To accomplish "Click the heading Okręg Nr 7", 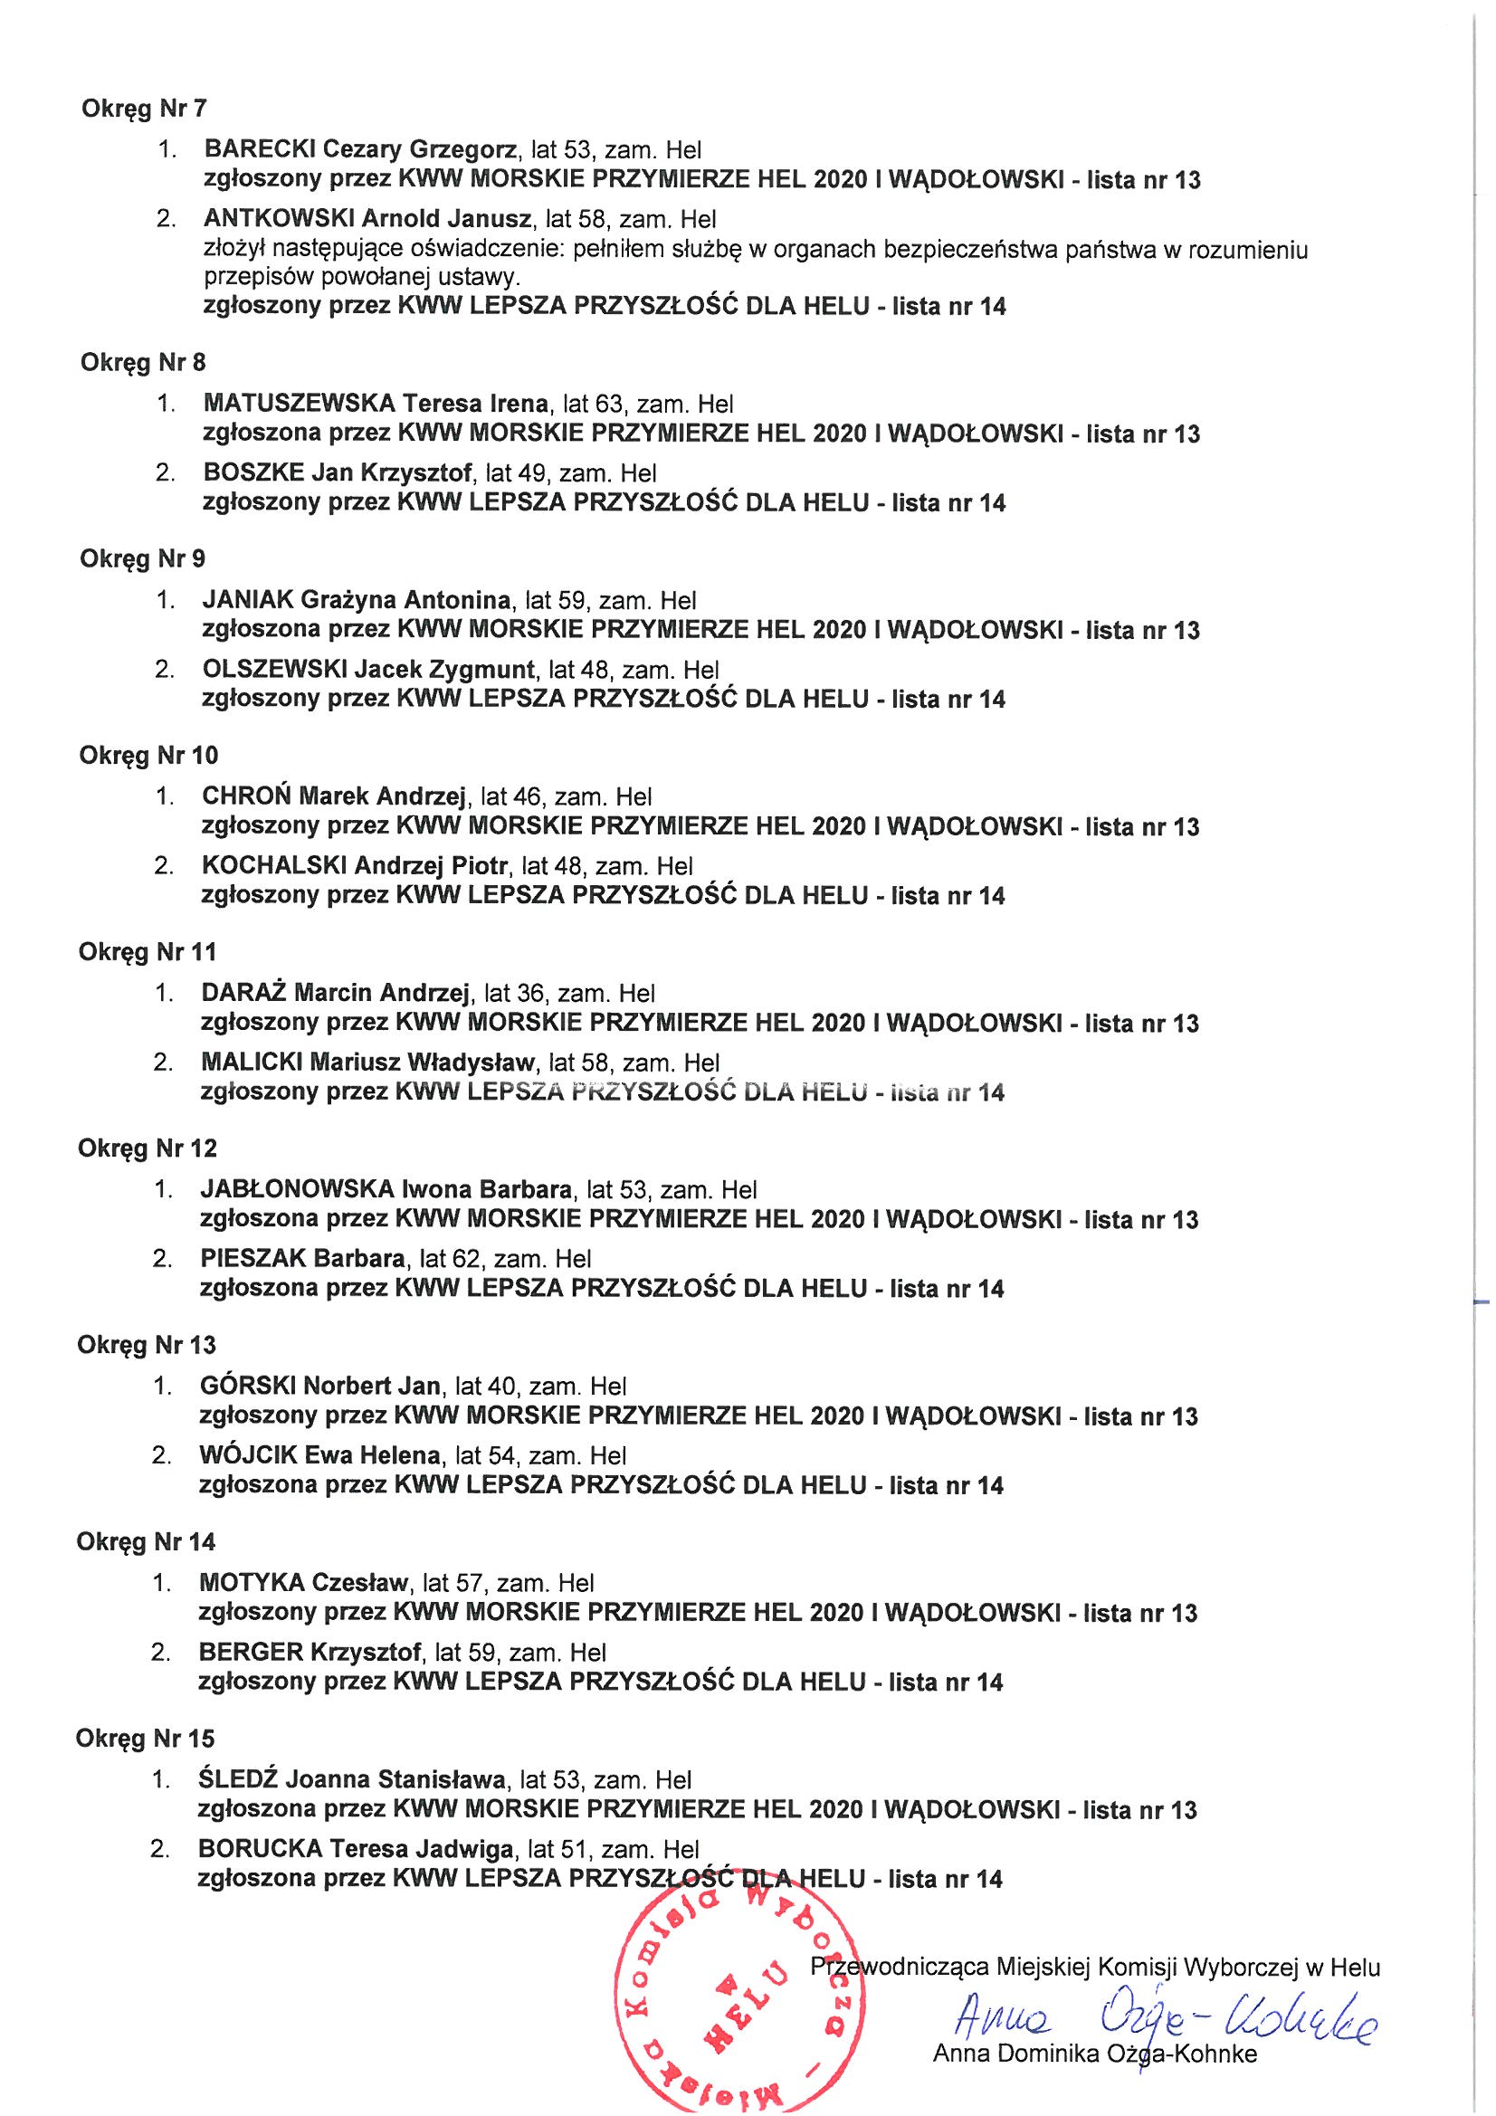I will tap(145, 109).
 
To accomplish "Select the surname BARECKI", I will tap(262, 148).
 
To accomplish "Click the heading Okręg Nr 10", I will tap(149, 756).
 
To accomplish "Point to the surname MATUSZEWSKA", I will tap(300, 403).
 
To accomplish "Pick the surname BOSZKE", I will tap(253, 472).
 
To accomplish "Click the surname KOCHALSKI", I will tap(273, 865).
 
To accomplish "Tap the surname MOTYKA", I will tap(251, 1582).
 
